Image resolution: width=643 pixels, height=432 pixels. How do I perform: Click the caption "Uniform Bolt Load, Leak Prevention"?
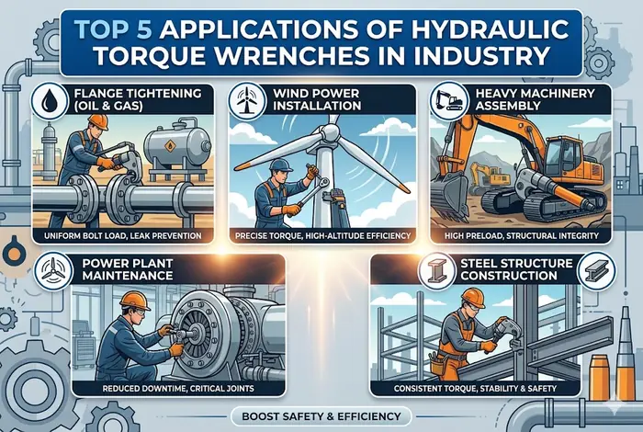point(121,236)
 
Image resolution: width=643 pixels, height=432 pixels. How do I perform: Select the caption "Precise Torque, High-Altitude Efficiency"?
point(320,236)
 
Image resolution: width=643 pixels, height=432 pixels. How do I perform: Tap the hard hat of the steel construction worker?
point(473,296)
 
